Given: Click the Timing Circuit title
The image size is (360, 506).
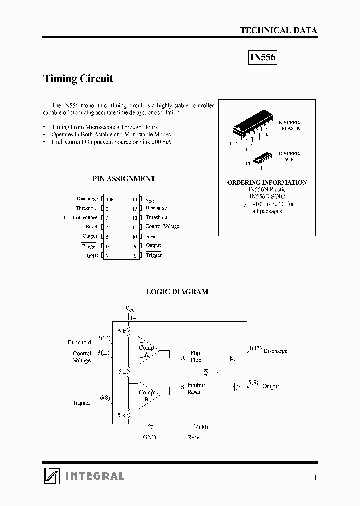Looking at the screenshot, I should [78, 78].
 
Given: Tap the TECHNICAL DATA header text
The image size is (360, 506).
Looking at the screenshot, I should [278, 30].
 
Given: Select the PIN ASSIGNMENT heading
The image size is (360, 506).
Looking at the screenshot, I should [124, 178].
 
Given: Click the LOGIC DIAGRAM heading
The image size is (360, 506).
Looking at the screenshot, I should [177, 292].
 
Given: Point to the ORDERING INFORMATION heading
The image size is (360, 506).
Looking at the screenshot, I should [267, 182].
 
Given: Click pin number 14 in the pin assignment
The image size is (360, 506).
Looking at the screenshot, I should [135, 199].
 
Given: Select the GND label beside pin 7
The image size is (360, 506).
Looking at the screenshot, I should [92, 256].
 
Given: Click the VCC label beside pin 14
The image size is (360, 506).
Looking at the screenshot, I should [150, 199].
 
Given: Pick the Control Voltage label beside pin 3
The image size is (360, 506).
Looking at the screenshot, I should [81, 218].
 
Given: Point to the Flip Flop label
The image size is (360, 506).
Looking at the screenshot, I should [195, 356].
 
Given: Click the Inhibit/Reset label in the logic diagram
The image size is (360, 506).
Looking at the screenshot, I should [195, 389].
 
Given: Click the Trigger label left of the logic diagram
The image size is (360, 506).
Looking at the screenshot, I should [82, 403].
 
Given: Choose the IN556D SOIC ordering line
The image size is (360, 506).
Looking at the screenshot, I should [267, 197].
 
